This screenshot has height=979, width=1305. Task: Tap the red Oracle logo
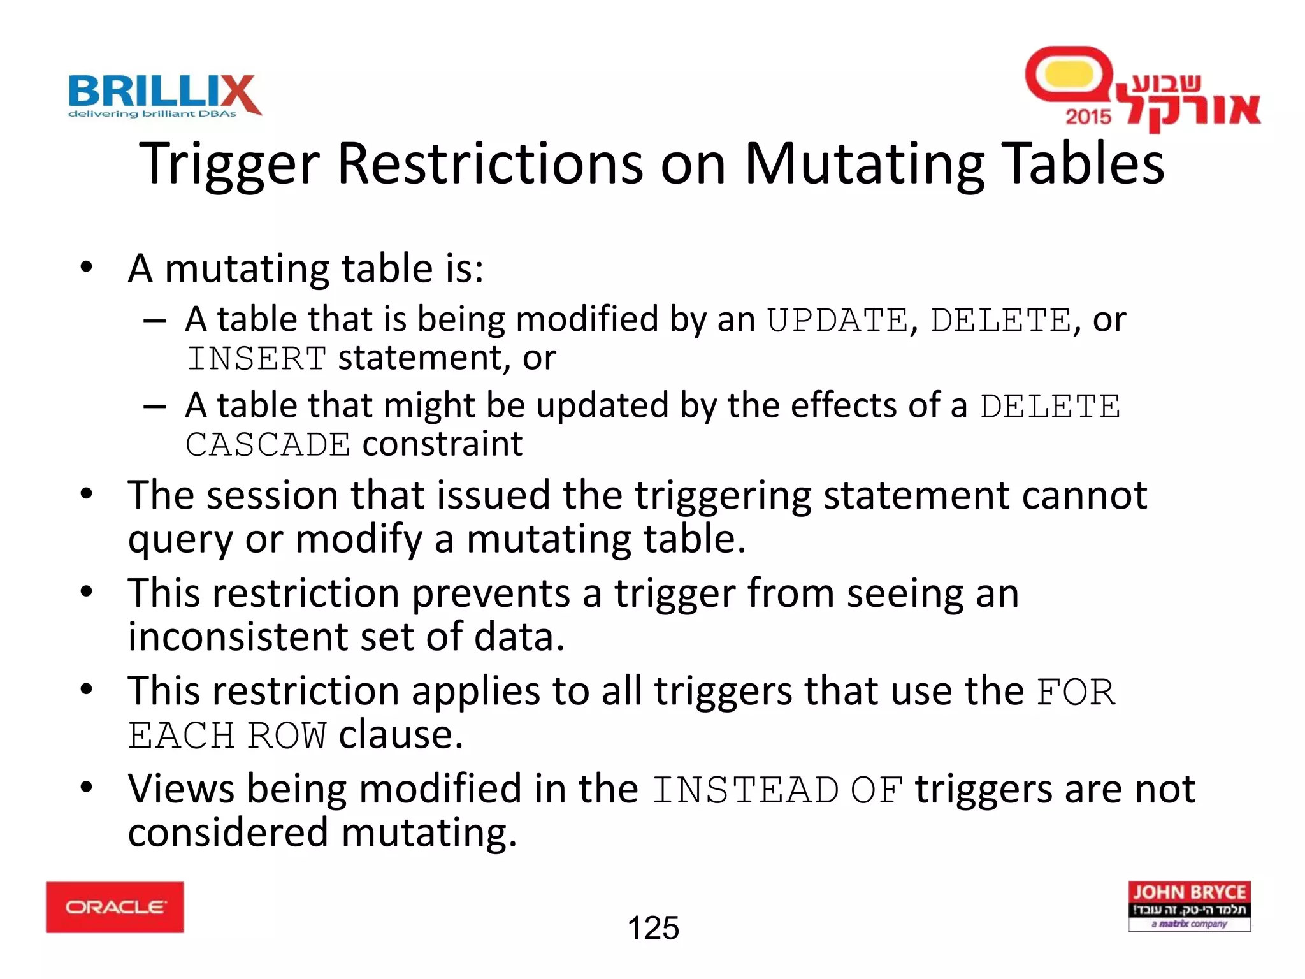[115, 907]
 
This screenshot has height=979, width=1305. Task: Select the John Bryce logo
[1189, 906]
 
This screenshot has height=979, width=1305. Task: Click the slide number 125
[653, 928]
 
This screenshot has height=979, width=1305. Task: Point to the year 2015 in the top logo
[1088, 117]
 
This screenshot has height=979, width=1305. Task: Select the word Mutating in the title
[865, 164]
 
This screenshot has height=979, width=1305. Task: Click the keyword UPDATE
[837, 320]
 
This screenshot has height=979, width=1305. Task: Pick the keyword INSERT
[257, 359]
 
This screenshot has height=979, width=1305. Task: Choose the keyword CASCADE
[268, 445]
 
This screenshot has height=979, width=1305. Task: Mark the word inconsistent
[267, 637]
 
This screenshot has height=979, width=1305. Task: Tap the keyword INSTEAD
[746, 790]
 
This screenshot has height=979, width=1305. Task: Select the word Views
[182, 789]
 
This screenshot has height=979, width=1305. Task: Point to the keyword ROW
[287, 736]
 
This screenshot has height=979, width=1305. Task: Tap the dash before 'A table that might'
[155, 406]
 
